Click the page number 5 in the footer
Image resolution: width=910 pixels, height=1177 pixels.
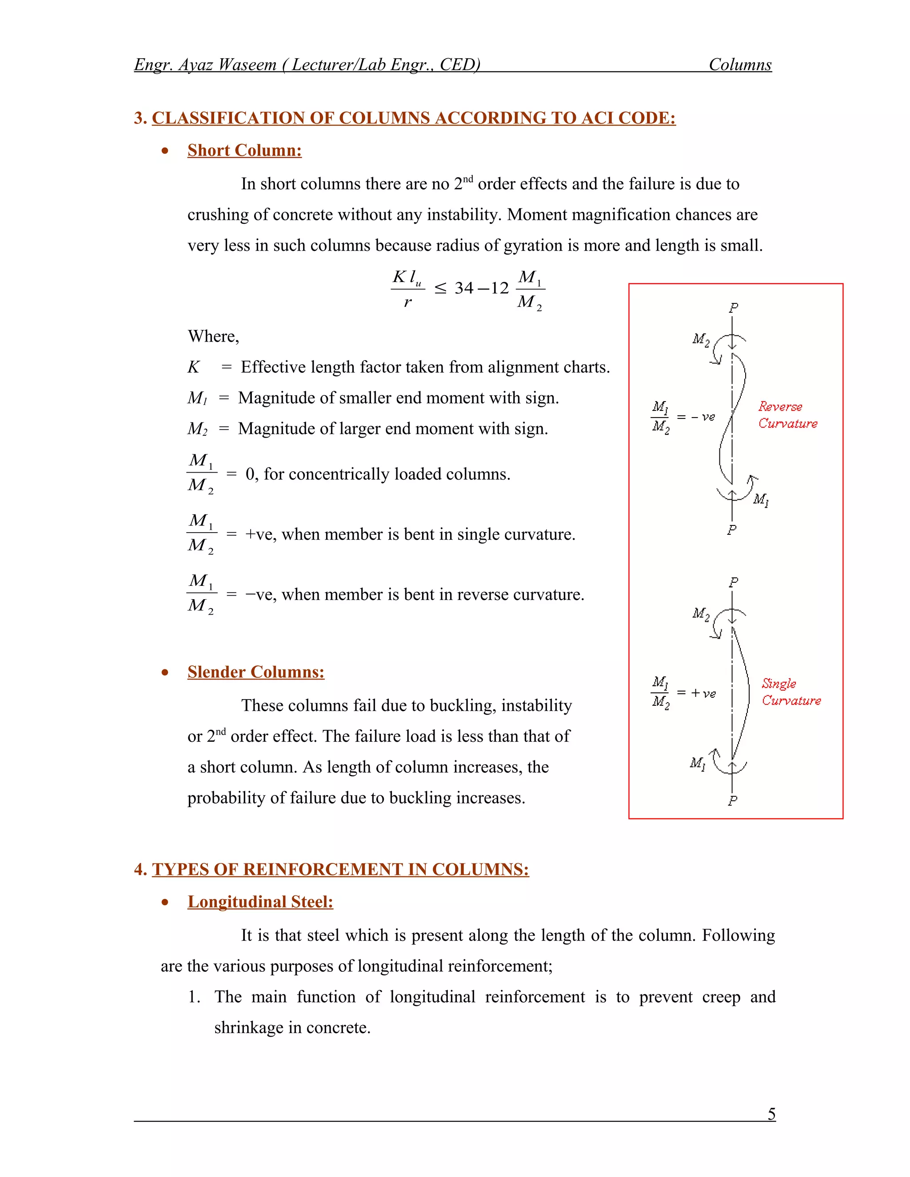click(x=771, y=1113)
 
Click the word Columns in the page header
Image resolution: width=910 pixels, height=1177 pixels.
click(x=740, y=65)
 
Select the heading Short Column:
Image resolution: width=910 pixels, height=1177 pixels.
click(x=244, y=151)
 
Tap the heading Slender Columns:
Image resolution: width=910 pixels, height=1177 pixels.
click(x=255, y=672)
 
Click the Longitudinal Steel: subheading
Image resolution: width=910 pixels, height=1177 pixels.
click(x=260, y=902)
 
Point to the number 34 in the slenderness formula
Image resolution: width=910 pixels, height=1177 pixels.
click(x=463, y=288)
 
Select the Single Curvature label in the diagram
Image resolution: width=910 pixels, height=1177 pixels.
click(x=790, y=692)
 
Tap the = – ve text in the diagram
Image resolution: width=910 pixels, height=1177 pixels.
click(x=696, y=417)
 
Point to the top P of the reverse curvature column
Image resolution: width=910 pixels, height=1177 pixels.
click(x=733, y=308)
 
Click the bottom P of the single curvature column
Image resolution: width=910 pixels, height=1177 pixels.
click(x=732, y=801)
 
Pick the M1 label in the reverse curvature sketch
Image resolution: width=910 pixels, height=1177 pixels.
click(x=761, y=500)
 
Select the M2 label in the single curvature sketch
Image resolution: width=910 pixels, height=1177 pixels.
click(x=700, y=614)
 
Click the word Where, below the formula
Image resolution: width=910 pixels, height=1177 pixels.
click(x=213, y=336)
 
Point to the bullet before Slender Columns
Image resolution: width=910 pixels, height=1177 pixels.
click(x=165, y=672)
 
